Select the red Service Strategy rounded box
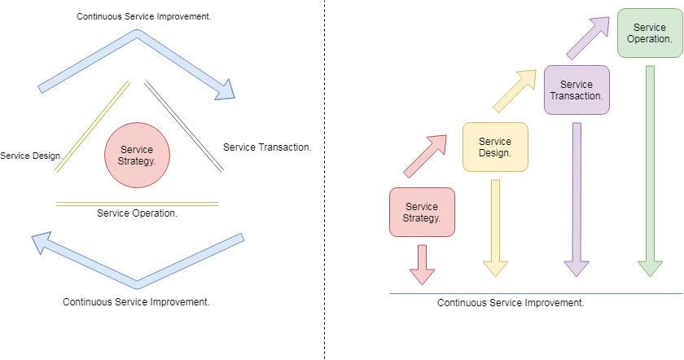(x=422, y=212)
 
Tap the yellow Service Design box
(x=495, y=147)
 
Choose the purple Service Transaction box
(x=577, y=90)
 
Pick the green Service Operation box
(x=649, y=33)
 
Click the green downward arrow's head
(x=650, y=268)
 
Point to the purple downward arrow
(x=577, y=195)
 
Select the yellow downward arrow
(x=495, y=224)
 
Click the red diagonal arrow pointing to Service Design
(x=425, y=156)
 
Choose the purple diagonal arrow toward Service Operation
(x=588, y=37)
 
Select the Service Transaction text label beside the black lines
(x=267, y=147)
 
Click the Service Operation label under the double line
(x=137, y=213)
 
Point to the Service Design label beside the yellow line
(x=31, y=155)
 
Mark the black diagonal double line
(x=184, y=127)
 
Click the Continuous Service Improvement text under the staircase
(x=511, y=302)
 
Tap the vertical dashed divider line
(x=325, y=179)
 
